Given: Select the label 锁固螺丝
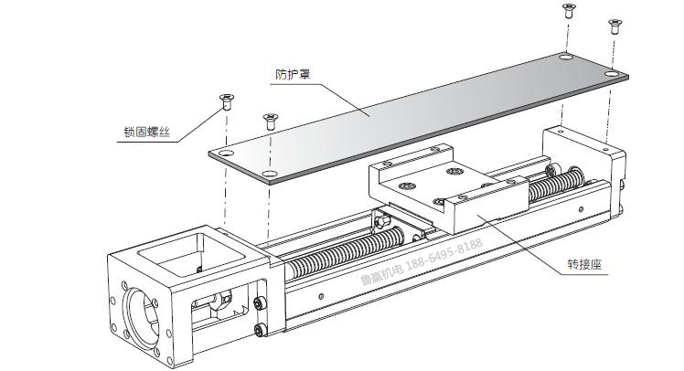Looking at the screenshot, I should click(x=145, y=133).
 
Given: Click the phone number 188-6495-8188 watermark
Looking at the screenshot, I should click(x=443, y=248).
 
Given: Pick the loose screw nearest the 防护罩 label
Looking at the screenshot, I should click(x=270, y=120).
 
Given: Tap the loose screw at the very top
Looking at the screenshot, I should click(x=568, y=11).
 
